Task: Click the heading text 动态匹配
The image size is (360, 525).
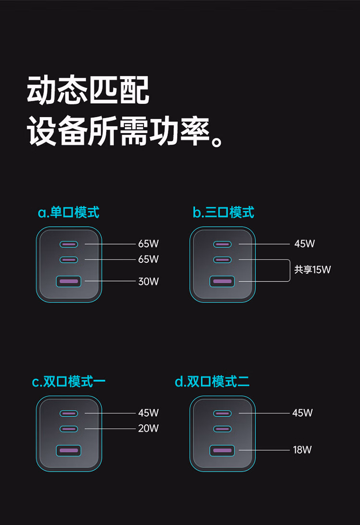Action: (x=88, y=90)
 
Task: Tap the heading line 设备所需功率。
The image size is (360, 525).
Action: (x=126, y=131)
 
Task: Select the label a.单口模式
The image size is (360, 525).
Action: (x=69, y=212)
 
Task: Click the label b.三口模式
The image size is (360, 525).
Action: (x=223, y=212)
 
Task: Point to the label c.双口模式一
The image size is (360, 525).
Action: (x=69, y=382)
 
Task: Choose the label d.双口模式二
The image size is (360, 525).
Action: (x=212, y=382)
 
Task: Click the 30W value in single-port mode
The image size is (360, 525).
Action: (x=148, y=281)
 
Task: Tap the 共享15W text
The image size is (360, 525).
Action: (x=312, y=269)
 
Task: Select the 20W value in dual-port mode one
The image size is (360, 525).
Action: (x=148, y=428)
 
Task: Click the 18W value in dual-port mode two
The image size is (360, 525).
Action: (x=302, y=450)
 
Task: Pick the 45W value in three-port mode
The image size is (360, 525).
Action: (x=305, y=244)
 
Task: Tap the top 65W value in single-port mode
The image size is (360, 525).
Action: (x=148, y=244)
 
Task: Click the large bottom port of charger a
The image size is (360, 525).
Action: (x=69, y=281)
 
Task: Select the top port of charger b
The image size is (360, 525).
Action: (x=222, y=244)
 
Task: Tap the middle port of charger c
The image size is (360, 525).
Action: (x=69, y=428)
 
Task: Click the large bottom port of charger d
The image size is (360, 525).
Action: (x=222, y=451)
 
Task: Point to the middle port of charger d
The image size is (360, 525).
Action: (x=222, y=428)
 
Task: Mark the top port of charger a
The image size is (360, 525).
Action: (x=69, y=244)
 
